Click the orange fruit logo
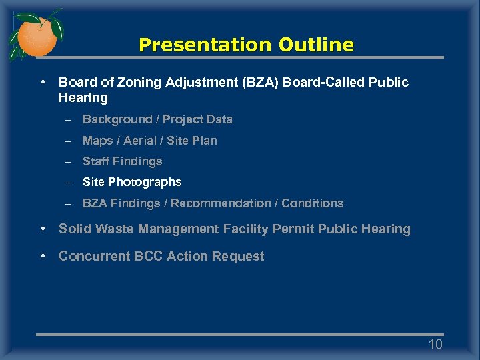tap(36, 37)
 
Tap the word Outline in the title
tap(317, 45)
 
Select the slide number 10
tap(435, 344)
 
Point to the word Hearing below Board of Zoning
tap(83, 98)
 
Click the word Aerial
tap(142, 141)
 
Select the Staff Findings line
tap(122, 161)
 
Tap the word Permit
tap(293, 229)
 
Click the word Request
tap(239, 257)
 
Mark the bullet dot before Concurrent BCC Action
tap(43, 256)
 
